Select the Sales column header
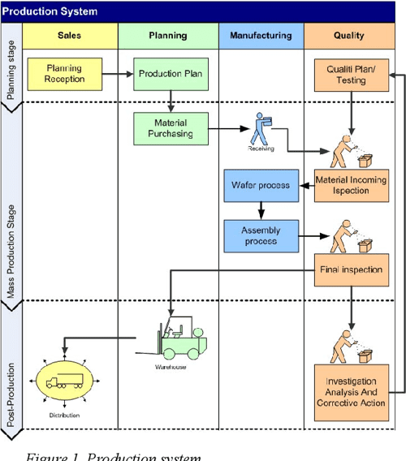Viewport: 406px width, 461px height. click(70, 36)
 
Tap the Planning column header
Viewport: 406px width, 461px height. click(168, 36)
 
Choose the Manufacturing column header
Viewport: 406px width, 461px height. click(261, 36)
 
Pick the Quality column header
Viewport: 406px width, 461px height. click(350, 36)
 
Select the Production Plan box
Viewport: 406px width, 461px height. click(171, 74)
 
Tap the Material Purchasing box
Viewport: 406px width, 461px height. click(171, 128)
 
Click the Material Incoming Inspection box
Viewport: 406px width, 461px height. click(351, 185)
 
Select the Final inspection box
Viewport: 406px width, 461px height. click(351, 269)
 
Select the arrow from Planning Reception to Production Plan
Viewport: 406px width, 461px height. click(116, 74)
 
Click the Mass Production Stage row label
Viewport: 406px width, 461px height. click(11, 245)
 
